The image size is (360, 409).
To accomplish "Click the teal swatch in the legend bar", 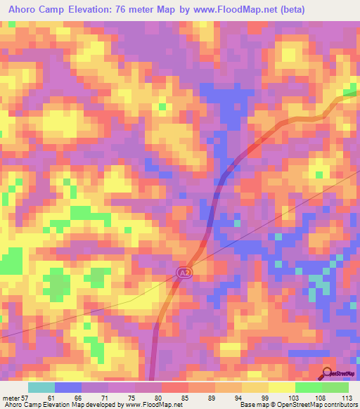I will (x=41, y=387).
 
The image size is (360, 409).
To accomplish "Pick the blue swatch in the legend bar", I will (x=67, y=387).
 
